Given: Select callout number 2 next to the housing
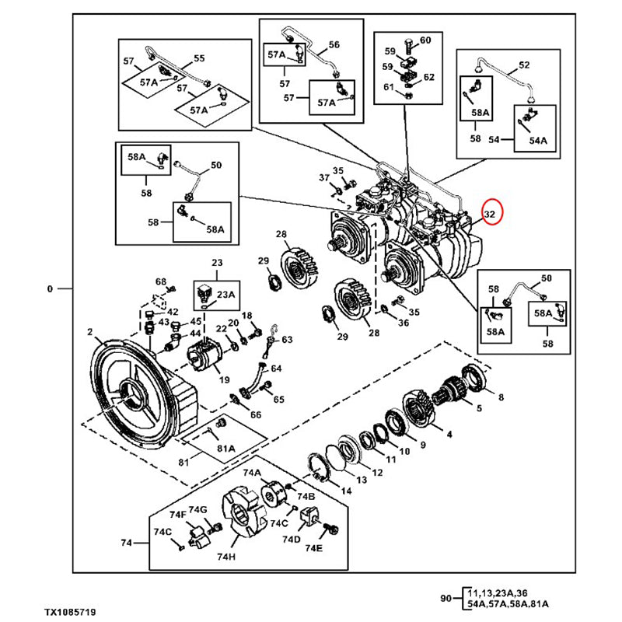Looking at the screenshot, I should pyautogui.click(x=90, y=332).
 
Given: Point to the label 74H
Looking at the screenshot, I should pyautogui.click(x=226, y=557).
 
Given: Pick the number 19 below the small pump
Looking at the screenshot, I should pyautogui.click(x=224, y=381).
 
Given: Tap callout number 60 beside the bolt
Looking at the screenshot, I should pyautogui.click(x=425, y=40).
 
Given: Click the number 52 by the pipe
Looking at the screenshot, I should pyautogui.click(x=523, y=65).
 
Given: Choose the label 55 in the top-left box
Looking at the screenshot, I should pyautogui.click(x=198, y=58).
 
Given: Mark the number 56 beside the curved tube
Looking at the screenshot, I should pyautogui.click(x=334, y=44).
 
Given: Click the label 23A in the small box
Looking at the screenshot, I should pyautogui.click(x=226, y=295).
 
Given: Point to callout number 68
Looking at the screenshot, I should pyautogui.click(x=160, y=281).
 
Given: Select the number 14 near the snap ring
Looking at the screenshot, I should pyautogui.click(x=346, y=490).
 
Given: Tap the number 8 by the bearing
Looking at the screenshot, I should pyautogui.click(x=501, y=397).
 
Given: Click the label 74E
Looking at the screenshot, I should pyautogui.click(x=313, y=547).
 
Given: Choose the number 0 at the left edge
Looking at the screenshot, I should pyautogui.click(x=50, y=289).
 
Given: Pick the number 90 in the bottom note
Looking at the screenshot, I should pyautogui.click(x=446, y=598).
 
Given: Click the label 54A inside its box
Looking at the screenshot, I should pyautogui.click(x=538, y=141).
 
